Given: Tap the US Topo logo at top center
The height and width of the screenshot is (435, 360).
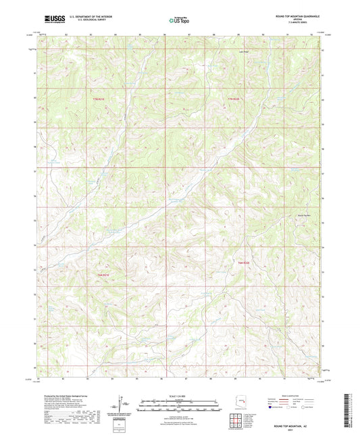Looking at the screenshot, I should [178, 20].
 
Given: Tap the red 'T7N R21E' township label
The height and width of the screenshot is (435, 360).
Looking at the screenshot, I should [99, 99].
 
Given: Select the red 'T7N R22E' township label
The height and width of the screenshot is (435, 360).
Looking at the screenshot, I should [232, 99].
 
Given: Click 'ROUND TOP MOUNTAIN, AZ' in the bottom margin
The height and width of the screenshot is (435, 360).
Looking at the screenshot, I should [294, 427].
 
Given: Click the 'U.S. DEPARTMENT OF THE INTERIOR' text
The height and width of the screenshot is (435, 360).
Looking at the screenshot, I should [84, 17].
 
